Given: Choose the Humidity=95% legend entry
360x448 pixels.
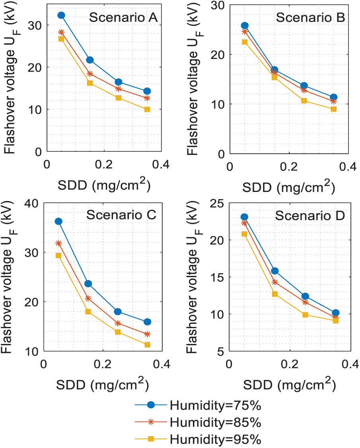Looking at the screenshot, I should pyautogui.click(x=215, y=439).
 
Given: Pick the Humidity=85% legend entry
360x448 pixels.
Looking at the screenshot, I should pyautogui.click(x=215, y=423).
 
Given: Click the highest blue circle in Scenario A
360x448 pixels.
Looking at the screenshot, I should pyautogui.click(x=61, y=16).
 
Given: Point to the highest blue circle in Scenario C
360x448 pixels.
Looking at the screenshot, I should pyautogui.click(x=58, y=221).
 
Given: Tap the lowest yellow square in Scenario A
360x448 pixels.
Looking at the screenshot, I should pyautogui.click(x=147, y=110).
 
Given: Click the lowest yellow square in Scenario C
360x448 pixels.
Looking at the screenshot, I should pyautogui.click(x=147, y=345).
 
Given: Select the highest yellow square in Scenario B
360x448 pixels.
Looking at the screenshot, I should pyautogui.click(x=245, y=42).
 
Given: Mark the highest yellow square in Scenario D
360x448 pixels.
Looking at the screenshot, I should pyautogui.click(x=244, y=234).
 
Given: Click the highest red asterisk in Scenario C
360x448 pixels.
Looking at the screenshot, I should pyautogui.click(x=58, y=243).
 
